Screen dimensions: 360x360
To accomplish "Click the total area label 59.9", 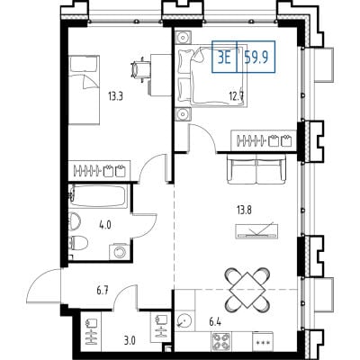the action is (256, 57).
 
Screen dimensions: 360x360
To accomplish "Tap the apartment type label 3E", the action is (224, 58).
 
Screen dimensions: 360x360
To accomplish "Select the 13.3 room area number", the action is (116, 96).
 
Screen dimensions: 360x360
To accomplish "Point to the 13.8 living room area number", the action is (244, 210).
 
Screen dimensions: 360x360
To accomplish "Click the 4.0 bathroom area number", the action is (105, 225).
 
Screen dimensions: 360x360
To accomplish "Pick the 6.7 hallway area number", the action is (103, 290).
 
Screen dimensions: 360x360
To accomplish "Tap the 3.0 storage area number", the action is (130, 341).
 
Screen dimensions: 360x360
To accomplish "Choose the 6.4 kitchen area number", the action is (215, 323).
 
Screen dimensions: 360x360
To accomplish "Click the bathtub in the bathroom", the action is (98, 196).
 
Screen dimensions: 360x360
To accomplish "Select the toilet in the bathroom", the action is (77, 243).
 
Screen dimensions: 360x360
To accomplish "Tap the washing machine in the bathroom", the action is (120, 252).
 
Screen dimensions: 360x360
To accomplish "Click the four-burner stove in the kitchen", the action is (221, 341).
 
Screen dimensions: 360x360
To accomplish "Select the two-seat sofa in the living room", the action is (256, 169).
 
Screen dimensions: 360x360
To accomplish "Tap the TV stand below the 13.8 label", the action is (257, 231).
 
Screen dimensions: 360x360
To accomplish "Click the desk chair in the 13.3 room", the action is (140, 70).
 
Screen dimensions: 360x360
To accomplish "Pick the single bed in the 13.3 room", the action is (84, 90).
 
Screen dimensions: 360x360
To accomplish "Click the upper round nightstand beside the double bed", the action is (183, 38).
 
